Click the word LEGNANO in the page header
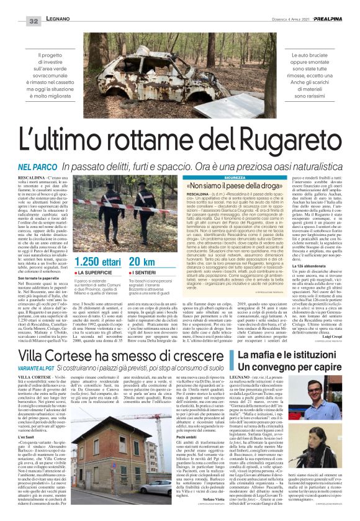[x=58, y=21]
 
